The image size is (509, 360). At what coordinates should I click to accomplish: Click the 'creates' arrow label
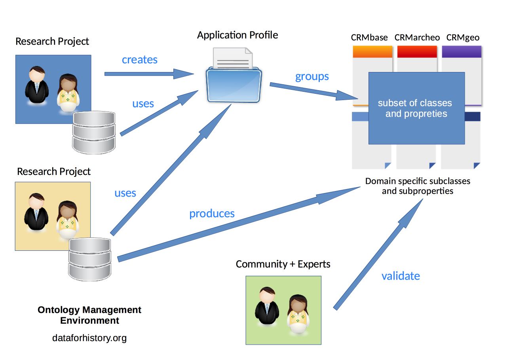click(x=139, y=60)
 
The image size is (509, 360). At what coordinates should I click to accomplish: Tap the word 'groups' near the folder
click(x=312, y=76)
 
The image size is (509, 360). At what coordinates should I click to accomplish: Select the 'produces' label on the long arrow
click(x=212, y=214)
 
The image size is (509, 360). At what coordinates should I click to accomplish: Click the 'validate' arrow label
click(x=401, y=276)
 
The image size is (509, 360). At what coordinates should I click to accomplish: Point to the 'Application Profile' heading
click(x=237, y=35)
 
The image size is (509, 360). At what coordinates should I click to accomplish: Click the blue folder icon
click(x=234, y=84)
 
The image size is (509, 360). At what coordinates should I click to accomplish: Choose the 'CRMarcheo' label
click(x=417, y=38)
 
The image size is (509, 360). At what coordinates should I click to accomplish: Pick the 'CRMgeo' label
click(x=463, y=38)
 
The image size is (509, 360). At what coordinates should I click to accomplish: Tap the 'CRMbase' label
click(x=369, y=38)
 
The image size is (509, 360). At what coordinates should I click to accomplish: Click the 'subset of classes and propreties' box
click(x=416, y=108)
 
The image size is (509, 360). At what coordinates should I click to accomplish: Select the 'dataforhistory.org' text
click(x=89, y=338)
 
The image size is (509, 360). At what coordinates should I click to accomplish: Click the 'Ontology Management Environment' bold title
click(x=89, y=315)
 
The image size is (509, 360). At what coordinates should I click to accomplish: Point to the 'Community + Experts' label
click(x=283, y=264)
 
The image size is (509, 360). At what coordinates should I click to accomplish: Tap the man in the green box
click(x=267, y=307)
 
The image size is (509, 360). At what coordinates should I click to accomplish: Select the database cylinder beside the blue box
click(x=94, y=133)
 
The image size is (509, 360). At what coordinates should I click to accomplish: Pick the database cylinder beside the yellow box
click(x=90, y=259)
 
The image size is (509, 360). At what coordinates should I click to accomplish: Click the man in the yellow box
click(x=36, y=212)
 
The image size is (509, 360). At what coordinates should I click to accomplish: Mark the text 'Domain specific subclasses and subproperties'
click(x=418, y=186)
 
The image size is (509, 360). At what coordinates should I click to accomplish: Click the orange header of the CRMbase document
click(x=372, y=52)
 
